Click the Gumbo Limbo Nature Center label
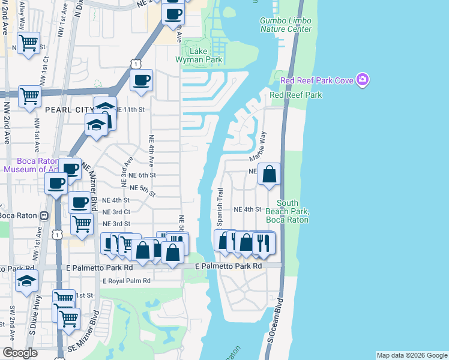pyautogui.click(x=285, y=25)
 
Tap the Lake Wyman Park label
pyautogui.click(x=199, y=55)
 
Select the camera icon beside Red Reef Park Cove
pyautogui.click(x=362, y=80)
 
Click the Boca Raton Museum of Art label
pyautogui.click(x=30, y=165)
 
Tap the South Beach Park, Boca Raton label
pyautogui.click(x=293, y=211)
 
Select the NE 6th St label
pyautogui.click(x=142, y=175)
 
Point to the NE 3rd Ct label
pyautogui.click(x=116, y=212)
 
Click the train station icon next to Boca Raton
pyautogui.click(x=44, y=215)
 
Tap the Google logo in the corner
pyautogui.click(x=20, y=353)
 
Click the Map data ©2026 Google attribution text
pyautogui.click(x=412, y=355)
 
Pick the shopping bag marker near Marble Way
pyautogui.click(x=270, y=175)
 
